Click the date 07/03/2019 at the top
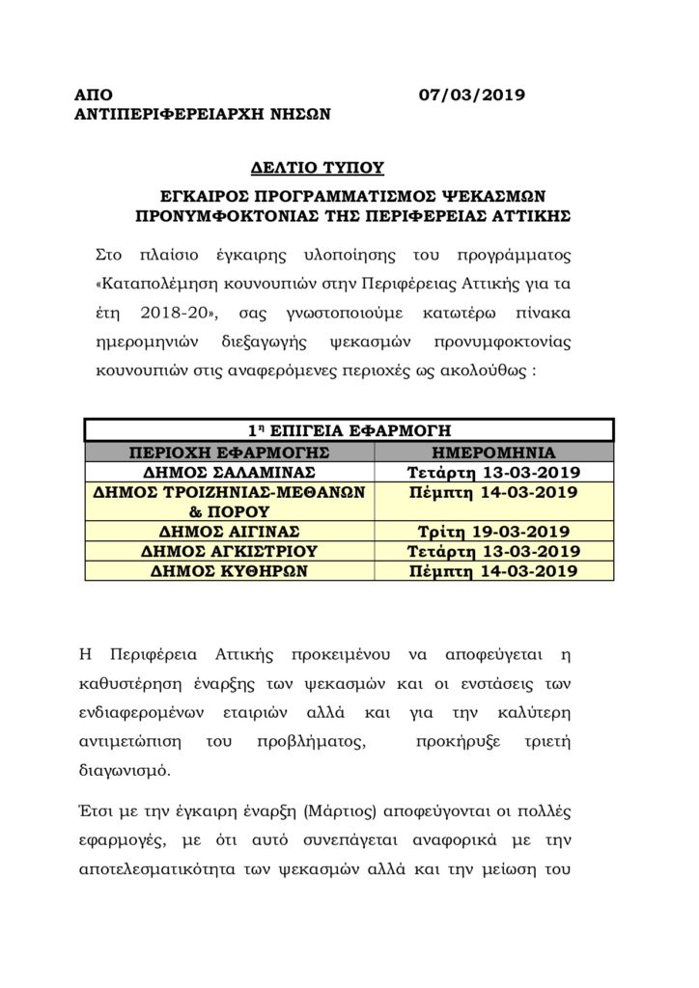point(472,95)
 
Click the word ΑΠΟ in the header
point(94,95)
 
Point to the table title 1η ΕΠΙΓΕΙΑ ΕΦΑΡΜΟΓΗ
point(348,429)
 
